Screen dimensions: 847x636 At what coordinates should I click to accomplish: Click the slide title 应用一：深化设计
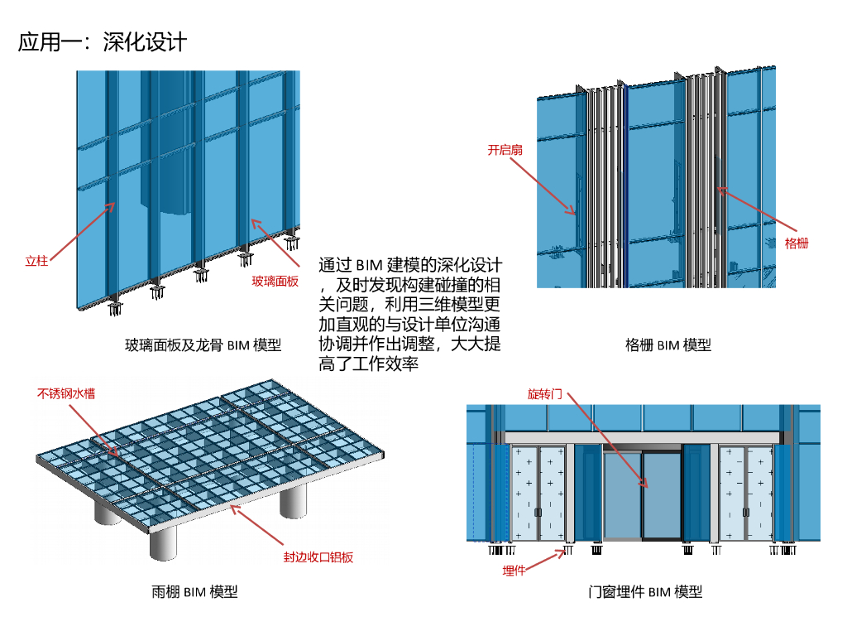point(103,42)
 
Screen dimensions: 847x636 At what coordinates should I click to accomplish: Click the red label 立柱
point(36,261)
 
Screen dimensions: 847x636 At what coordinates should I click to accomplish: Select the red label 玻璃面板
point(275,282)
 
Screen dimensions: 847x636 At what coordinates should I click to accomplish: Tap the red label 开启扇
point(505,150)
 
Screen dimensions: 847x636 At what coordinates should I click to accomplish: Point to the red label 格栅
point(797,243)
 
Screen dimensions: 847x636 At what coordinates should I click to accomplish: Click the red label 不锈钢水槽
point(66,393)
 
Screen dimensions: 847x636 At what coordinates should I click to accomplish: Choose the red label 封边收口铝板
point(318,557)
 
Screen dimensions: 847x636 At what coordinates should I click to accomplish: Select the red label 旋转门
point(545,393)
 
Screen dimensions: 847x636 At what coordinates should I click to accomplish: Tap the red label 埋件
point(514,571)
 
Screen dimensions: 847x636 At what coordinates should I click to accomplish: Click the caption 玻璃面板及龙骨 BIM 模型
point(203,345)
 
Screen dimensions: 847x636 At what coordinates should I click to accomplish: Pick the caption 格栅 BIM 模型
point(668,345)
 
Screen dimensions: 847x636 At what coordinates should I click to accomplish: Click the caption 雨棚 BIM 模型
point(194,591)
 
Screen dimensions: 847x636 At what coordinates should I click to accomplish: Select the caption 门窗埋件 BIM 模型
point(645,591)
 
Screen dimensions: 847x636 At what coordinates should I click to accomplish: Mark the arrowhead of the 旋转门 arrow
point(645,485)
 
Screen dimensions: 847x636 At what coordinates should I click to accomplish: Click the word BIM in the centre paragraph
point(369,266)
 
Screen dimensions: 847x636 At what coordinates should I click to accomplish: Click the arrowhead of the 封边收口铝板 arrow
point(232,506)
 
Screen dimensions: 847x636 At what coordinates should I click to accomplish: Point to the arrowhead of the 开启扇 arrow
point(574,214)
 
